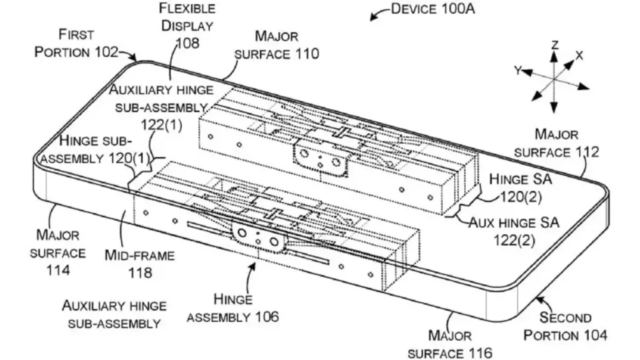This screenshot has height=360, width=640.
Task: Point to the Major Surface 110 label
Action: [x=276, y=46]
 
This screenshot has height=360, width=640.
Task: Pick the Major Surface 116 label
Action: [x=459, y=345]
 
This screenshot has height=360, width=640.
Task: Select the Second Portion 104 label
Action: [x=565, y=326]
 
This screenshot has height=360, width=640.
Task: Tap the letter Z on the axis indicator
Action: [x=554, y=44]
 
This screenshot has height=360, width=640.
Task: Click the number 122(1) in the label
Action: [x=161, y=124]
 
